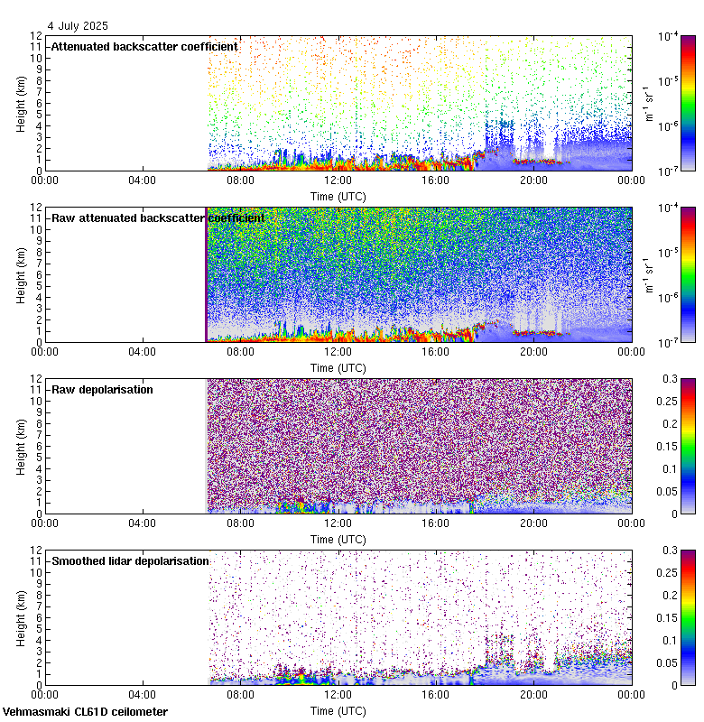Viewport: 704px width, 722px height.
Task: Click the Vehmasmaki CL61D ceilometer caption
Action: coord(84,712)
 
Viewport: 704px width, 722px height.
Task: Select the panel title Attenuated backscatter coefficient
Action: coord(144,46)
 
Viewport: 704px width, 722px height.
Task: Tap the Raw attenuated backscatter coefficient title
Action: coord(158,218)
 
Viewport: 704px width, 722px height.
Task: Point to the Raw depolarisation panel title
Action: coord(102,389)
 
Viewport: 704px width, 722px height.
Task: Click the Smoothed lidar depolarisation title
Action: coord(130,560)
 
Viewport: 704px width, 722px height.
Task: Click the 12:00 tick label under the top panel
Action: coord(338,180)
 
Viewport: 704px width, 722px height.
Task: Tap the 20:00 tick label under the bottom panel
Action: coord(533,694)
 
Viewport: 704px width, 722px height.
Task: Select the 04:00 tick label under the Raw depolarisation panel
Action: coord(143,523)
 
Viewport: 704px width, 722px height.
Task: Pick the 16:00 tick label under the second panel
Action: coord(435,351)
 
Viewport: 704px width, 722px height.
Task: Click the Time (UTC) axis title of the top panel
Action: coord(338,196)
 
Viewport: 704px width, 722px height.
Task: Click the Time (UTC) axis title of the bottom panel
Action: coord(338,710)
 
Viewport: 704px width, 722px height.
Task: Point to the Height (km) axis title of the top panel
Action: coord(21,103)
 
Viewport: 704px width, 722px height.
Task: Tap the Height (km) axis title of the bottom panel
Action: coord(21,617)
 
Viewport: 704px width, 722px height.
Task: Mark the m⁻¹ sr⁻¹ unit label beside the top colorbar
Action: coord(648,103)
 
